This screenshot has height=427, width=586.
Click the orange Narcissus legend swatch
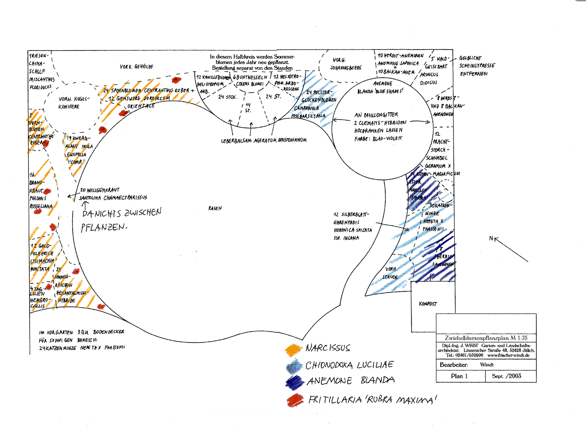tap(293, 349)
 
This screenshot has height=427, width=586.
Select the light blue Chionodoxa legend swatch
tap(294, 366)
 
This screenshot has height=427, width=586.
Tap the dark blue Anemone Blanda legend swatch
tap(295, 382)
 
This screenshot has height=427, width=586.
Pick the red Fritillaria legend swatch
tap(296, 399)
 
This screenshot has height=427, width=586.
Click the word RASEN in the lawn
tap(215, 208)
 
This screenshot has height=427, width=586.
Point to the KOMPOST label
tap(428, 304)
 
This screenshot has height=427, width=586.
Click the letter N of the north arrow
tap(491, 239)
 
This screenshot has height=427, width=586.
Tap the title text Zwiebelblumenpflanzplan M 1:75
tap(486, 338)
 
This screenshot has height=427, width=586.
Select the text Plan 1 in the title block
tap(459, 376)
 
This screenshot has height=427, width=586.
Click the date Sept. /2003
tap(507, 376)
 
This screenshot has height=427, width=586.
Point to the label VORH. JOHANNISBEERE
tap(346, 64)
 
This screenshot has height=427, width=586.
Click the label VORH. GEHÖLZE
tap(137, 67)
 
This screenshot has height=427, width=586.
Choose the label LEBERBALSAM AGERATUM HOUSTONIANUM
tap(264, 140)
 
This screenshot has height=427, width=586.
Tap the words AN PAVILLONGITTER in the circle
tap(376, 115)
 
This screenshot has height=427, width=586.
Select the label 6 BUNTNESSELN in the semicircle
tap(250, 78)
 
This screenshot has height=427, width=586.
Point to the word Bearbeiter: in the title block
tap(453, 365)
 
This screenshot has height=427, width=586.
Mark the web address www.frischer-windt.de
tap(508, 355)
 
